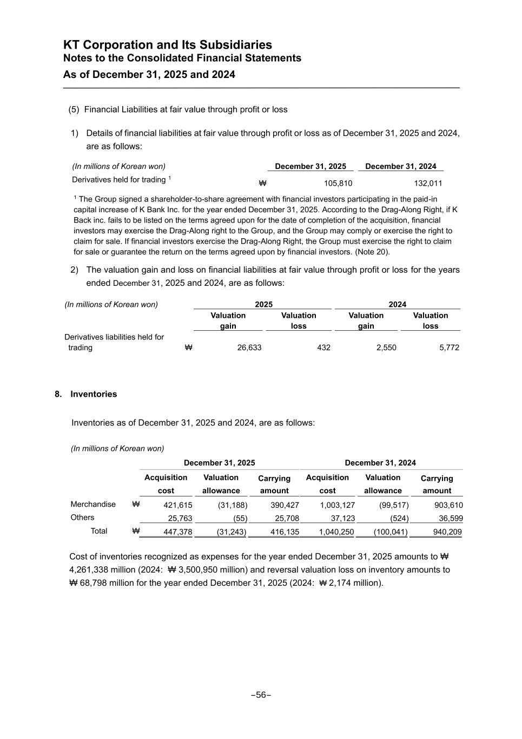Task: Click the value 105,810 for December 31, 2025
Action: coord(338,184)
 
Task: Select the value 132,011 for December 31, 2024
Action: coord(428,184)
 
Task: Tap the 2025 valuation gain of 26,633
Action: coord(249,348)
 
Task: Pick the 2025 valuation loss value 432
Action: coord(323,348)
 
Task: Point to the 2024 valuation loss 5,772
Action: coord(449,348)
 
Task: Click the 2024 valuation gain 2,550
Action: coord(386,348)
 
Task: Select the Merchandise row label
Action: coord(93,505)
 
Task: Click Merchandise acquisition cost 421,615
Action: coord(177,505)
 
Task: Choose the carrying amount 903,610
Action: coord(448,505)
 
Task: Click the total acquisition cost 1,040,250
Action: coord(336,532)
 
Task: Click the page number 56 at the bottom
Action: coord(261,695)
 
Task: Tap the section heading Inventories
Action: coord(94,394)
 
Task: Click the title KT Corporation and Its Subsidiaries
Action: coord(168,45)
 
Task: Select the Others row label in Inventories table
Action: coord(82,518)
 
